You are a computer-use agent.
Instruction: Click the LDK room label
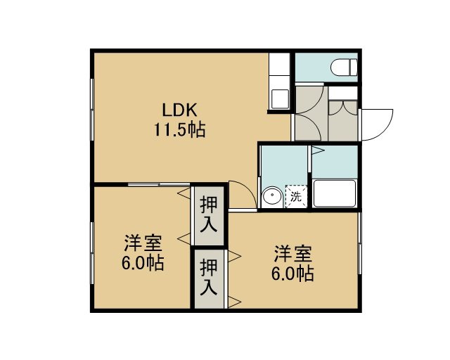click(x=180, y=110)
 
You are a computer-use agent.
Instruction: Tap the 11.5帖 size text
click(x=180, y=130)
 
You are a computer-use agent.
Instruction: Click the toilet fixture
click(x=344, y=67)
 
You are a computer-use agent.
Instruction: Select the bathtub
click(x=335, y=193)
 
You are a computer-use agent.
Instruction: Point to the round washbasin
click(x=272, y=196)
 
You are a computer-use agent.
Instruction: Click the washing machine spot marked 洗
click(x=296, y=197)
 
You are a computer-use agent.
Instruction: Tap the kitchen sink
click(x=280, y=99)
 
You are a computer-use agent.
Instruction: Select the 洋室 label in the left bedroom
click(x=143, y=243)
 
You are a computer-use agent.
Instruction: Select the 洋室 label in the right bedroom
click(x=292, y=254)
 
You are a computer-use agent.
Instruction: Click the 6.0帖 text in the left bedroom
click(x=143, y=263)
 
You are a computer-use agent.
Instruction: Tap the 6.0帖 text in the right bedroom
click(x=292, y=273)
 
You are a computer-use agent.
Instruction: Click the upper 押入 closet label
click(x=209, y=214)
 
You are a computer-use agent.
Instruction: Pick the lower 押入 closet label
click(x=209, y=277)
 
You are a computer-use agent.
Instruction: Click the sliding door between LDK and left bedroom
click(x=159, y=184)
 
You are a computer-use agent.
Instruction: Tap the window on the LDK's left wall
click(x=92, y=110)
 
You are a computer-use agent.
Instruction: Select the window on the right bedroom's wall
click(x=360, y=243)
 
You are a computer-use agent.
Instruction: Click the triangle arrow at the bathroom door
click(x=318, y=150)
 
